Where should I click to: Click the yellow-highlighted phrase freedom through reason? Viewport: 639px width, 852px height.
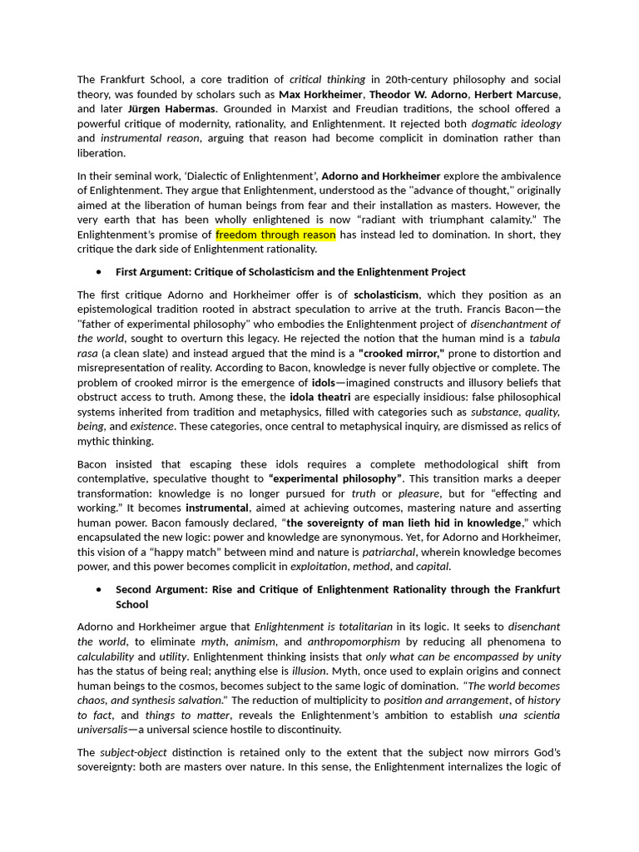pyautogui.click(x=275, y=235)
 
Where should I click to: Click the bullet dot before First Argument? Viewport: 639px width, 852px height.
pyautogui.click(x=99, y=272)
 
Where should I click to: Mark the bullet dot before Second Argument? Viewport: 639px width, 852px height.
pyautogui.click(x=99, y=589)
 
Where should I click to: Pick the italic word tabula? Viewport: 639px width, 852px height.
pyautogui.click(x=545, y=338)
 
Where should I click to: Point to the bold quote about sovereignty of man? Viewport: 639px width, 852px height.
pyautogui.click(x=404, y=523)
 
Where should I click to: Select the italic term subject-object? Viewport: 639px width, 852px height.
pyautogui.click(x=133, y=752)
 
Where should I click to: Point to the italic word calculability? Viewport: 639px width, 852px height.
pyautogui.click(x=106, y=656)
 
